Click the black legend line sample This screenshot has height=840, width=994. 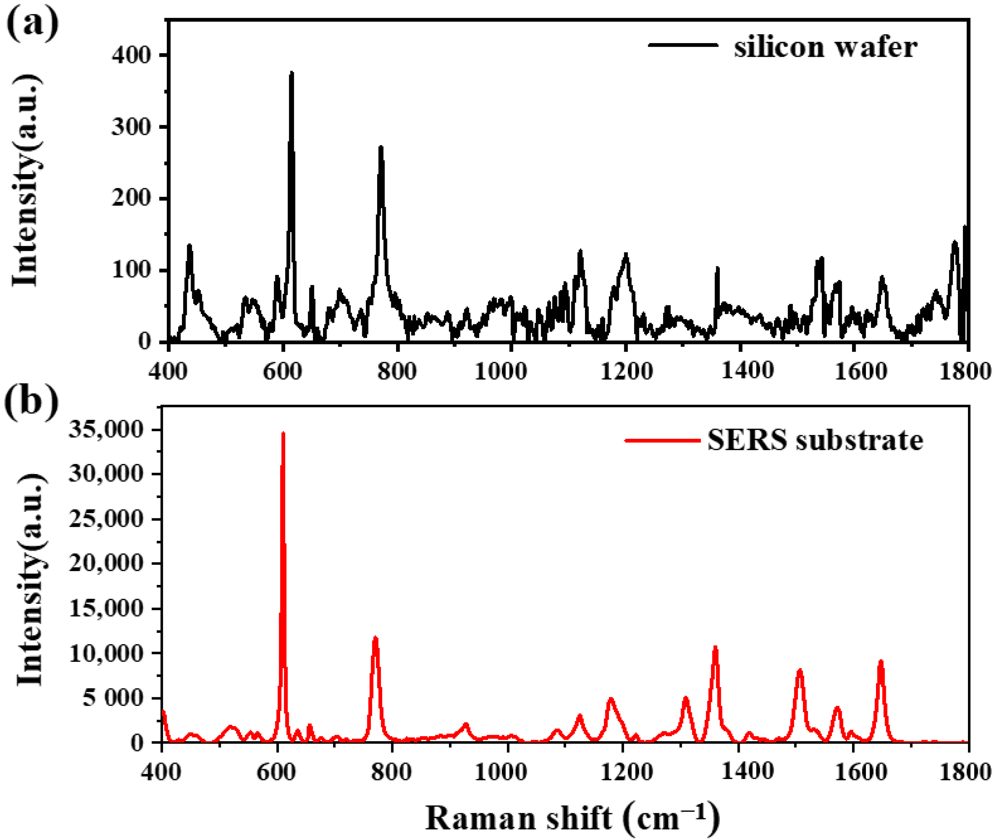pos(683,45)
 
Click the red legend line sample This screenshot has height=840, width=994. pos(662,441)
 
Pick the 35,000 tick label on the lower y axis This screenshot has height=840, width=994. pos(106,430)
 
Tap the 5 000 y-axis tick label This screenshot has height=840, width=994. pos(112,698)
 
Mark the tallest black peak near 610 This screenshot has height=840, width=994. pos(291,73)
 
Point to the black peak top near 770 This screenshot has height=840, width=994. pos(380,147)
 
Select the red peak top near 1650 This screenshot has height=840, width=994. pos(881,661)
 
